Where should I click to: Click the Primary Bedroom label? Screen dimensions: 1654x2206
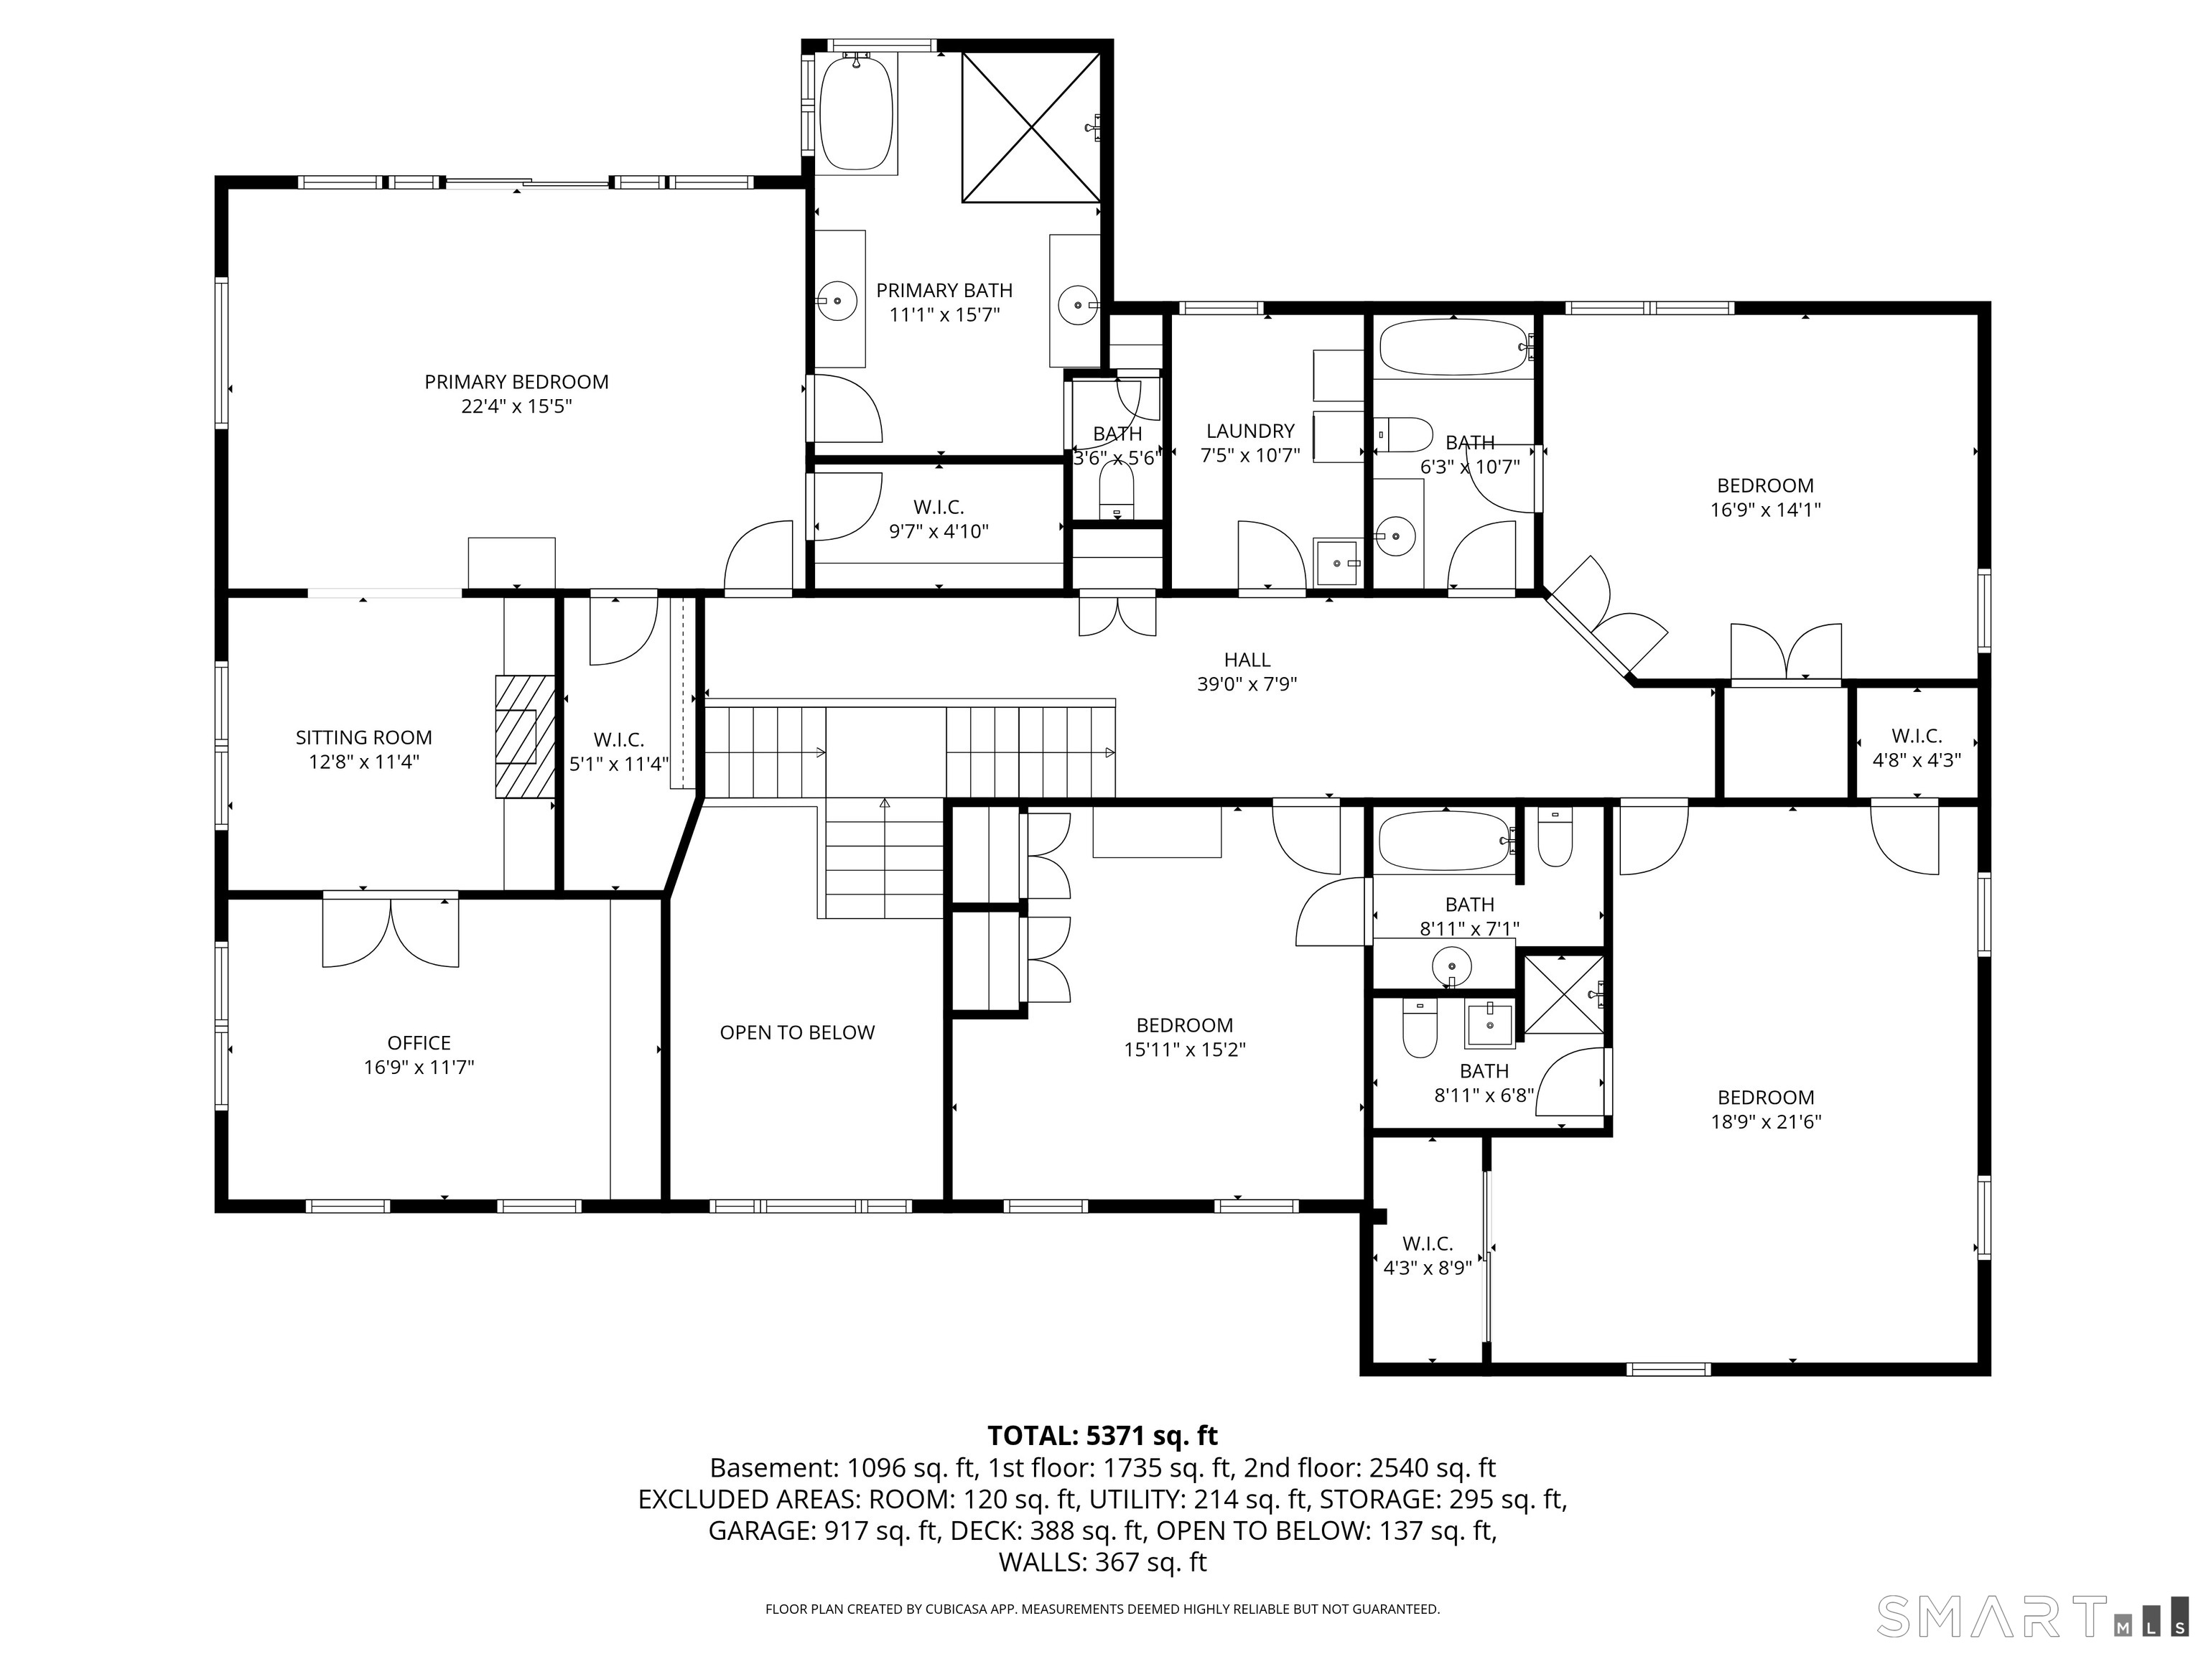pyautogui.click(x=516, y=382)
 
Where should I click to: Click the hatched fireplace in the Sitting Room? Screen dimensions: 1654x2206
pyautogui.click(x=525, y=736)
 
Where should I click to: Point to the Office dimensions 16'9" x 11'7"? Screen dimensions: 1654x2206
pyautogui.click(x=418, y=1067)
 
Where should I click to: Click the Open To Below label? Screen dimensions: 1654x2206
pyautogui.click(x=797, y=1033)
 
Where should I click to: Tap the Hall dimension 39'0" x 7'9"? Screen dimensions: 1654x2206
pyautogui.click(x=1247, y=684)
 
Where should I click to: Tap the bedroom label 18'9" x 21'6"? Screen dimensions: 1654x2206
pyautogui.click(x=1765, y=1098)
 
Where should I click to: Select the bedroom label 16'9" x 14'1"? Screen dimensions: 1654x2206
pyautogui.click(x=1764, y=485)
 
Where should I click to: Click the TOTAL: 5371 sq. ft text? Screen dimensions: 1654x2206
pyautogui.click(x=1102, y=1436)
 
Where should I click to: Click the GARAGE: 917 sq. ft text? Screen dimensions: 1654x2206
pyautogui.click(x=824, y=1531)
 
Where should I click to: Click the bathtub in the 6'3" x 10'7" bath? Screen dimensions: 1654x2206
pyautogui.click(x=1452, y=346)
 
